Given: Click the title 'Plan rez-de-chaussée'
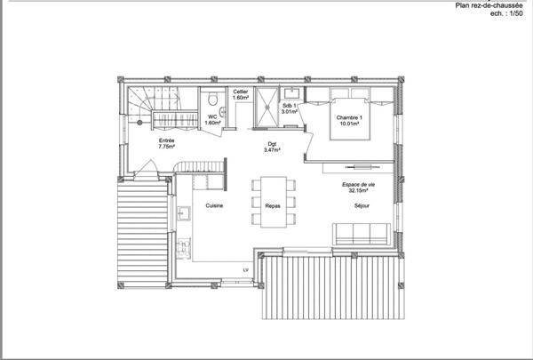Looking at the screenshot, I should (489, 4).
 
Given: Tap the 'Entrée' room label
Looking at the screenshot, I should (166, 140).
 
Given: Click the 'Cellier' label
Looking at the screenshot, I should (240, 92).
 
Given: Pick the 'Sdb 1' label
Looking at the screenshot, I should (288, 104).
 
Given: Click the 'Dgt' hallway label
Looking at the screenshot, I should (272, 144).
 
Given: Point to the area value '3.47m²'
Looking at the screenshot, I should (272, 151).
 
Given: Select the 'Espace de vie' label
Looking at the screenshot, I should (360, 183).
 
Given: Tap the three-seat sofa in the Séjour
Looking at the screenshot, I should (361, 233).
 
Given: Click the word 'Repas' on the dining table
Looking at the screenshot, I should (273, 205).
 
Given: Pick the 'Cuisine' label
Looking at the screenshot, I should (214, 205).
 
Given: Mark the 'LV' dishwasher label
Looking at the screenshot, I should (246, 269).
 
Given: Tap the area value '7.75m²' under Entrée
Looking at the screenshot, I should (166, 148).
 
